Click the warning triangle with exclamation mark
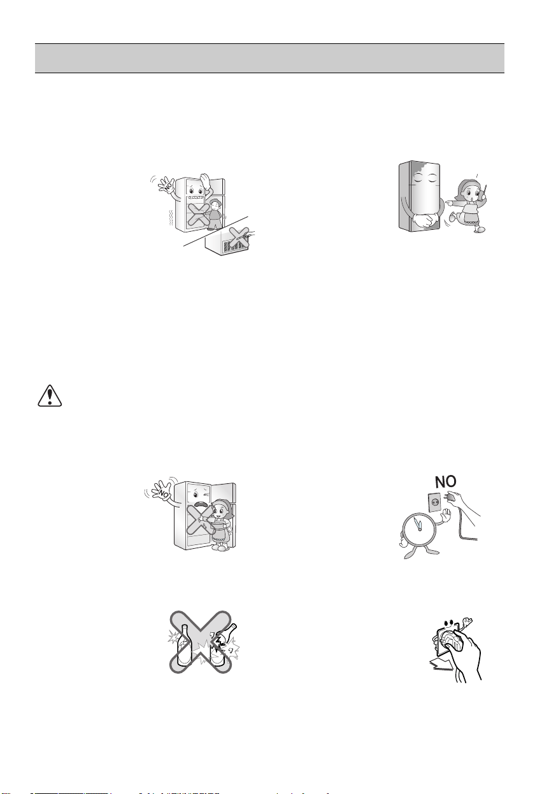(x=50, y=395)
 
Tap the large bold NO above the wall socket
(x=445, y=481)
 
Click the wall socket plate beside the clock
(x=435, y=503)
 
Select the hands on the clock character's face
(x=418, y=523)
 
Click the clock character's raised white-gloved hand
(x=445, y=515)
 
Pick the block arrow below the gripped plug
(x=441, y=665)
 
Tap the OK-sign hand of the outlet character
(x=468, y=621)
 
